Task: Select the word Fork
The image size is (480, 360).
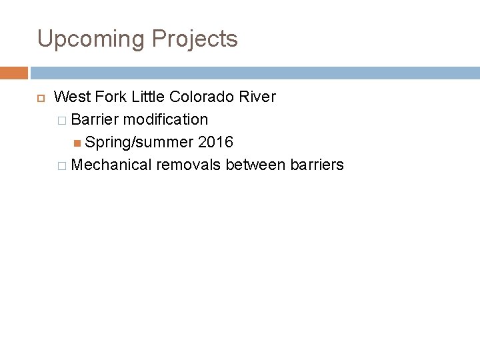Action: click(110, 97)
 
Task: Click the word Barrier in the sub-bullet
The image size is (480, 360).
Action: click(95, 120)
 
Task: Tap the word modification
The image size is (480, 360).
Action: click(165, 120)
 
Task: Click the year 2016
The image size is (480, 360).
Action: click(215, 142)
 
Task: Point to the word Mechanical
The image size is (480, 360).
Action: click(111, 165)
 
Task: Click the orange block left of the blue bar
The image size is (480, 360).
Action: click(14, 72)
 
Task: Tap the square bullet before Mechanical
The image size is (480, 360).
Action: click(61, 165)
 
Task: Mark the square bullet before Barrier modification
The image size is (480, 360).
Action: click(61, 121)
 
